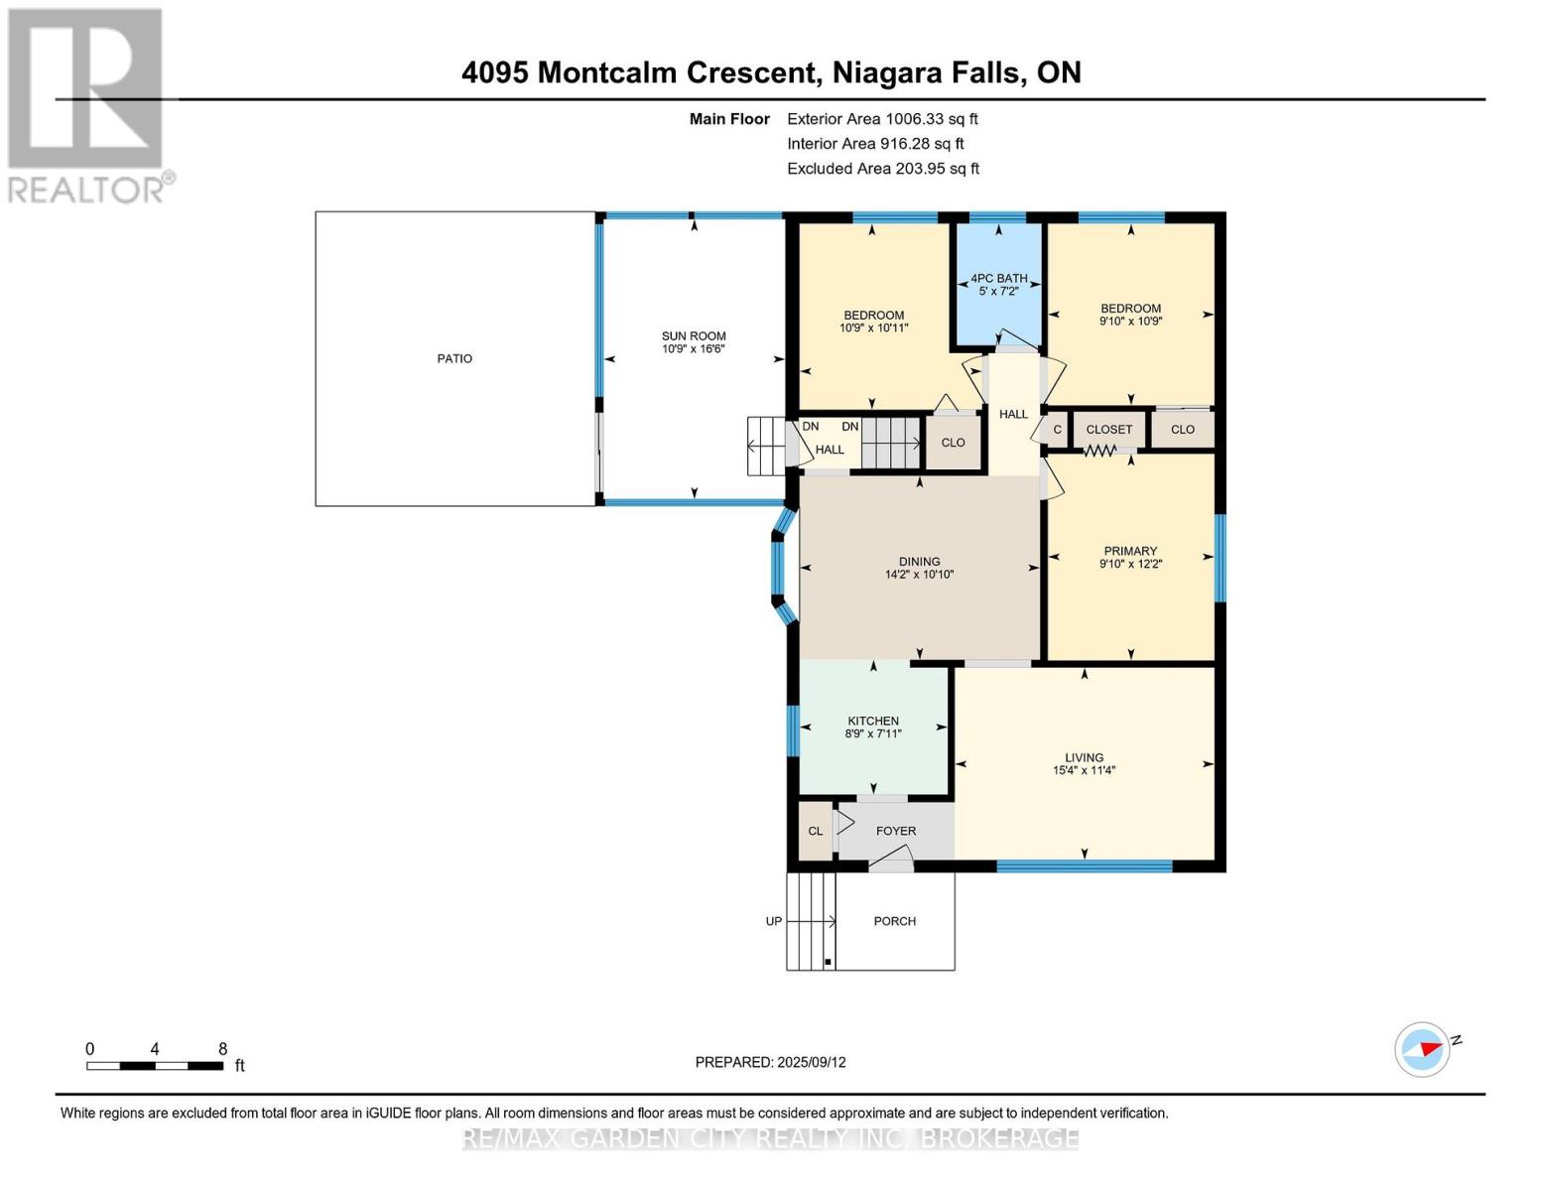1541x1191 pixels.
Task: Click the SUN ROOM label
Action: click(x=694, y=336)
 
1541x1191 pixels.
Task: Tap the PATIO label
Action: click(x=454, y=358)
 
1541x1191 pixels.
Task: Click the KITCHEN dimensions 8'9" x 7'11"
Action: click(x=873, y=734)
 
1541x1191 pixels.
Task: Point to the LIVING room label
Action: click(x=1084, y=757)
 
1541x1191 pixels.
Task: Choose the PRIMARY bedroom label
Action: click(x=1130, y=551)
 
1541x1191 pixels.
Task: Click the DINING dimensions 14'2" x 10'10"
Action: click(x=919, y=575)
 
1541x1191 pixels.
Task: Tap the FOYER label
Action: click(x=896, y=831)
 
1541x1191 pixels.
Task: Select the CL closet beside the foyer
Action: click(x=815, y=831)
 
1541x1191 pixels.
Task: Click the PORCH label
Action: click(x=894, y=921)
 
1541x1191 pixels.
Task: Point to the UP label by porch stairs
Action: click(x=774, y=921)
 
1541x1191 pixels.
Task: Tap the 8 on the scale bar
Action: click(x=222, y=1048)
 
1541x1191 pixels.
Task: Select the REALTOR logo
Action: click(x=87, y=104)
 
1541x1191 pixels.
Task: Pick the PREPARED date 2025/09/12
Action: click(x=812, y=1062)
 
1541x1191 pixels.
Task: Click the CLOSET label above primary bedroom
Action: click(x=1108, y=430)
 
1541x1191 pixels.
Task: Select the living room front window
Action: click(x=1084, y=866)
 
